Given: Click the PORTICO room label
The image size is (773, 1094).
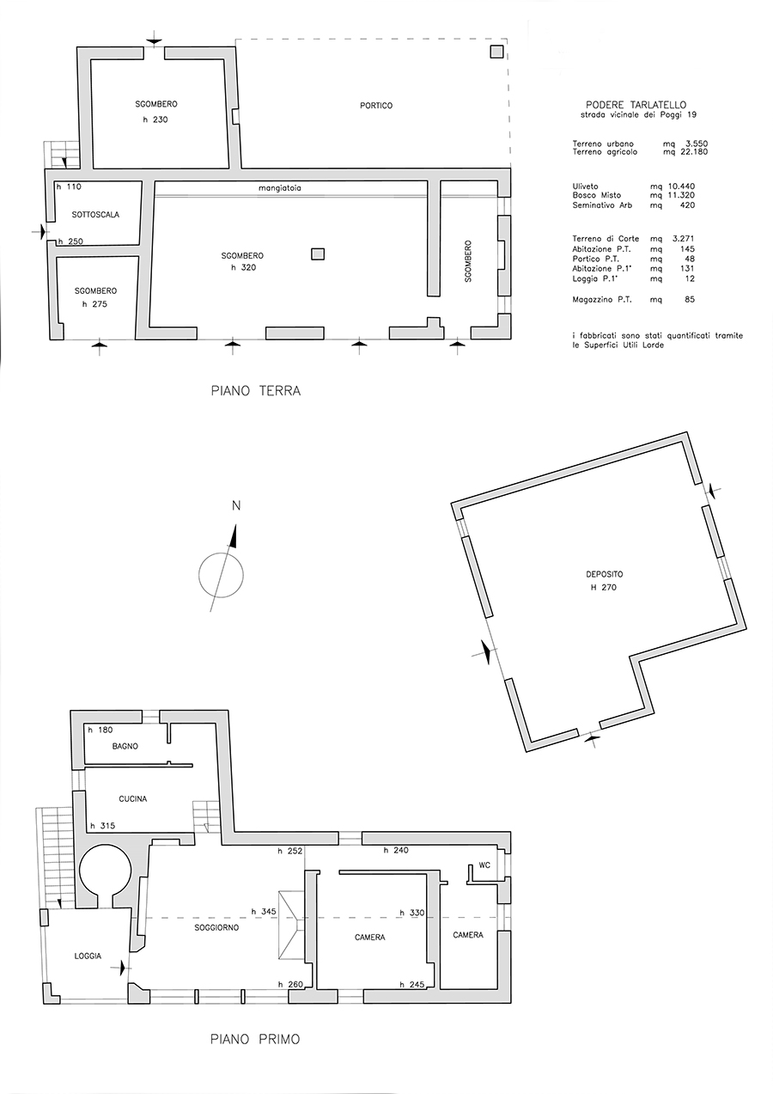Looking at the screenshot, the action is (x=376, y=106).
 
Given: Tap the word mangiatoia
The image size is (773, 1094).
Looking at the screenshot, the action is (x=280, y=187).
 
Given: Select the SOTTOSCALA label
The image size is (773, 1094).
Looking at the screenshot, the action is (x=95, y=214).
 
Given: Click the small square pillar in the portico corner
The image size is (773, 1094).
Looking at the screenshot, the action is (x=496, y=52).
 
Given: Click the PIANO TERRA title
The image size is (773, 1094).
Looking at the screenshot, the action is (x=256, y=391).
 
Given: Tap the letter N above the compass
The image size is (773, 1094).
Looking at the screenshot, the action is (x=236, y=505).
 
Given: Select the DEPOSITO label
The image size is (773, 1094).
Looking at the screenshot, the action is (x=604, y=574).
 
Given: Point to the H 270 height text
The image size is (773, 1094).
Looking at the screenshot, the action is (x=604, y=588).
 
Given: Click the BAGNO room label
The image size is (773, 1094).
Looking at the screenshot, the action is (x=125, y=746).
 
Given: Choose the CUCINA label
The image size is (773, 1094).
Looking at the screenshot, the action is (x=133, y=799).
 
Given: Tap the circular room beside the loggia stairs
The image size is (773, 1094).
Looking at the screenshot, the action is (x=105, y=871).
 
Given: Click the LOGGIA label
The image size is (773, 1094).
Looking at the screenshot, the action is (x=88, y=956).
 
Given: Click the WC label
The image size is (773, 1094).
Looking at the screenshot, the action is (x=484, y=865).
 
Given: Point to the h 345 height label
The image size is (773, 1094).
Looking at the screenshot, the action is (x=264, y=911).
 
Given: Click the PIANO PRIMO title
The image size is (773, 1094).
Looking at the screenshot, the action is (x=255, y=1049).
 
